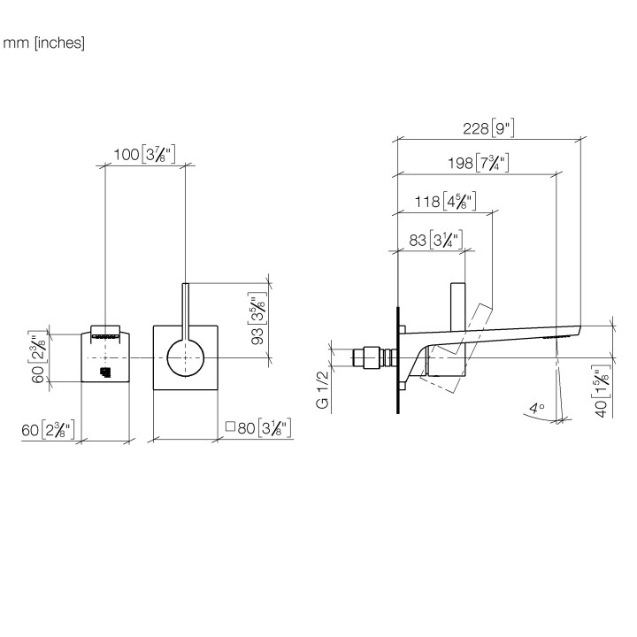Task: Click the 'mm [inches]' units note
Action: coord(44,42)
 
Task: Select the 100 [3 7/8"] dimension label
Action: coord(144,154)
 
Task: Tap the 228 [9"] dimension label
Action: coord(488,128)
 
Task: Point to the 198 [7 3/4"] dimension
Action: coord(478,163)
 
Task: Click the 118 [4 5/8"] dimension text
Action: coord(445,201)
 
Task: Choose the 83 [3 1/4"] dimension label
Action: coord(435,240)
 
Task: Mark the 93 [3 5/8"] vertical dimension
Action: coord(257,318)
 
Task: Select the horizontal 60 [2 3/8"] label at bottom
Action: coord(48,429)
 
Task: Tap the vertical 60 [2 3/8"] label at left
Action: coord(39,358)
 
